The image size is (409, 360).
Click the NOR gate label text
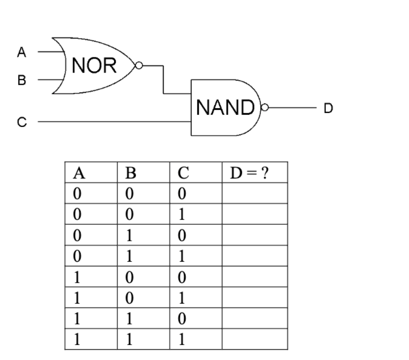pyautogui.click(x=94, y=66)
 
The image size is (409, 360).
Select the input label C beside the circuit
pyautogui.click(x=21, y=122)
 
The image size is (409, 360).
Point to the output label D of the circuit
pyautogui.click(x=328, y=108)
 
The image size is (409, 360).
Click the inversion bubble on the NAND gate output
pyautogui.click(x=264, y=108)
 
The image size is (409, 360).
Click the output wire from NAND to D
pyautogui.click(x=291, y=108)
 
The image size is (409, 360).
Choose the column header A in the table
pyautogui.click(x=78, y=172)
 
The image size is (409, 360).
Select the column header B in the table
pyautogui.click(x=130, y=172)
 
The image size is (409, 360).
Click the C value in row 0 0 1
pyautogui.click(x=181, y=214)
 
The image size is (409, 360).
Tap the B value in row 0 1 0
pyautogui.click(x=129, y=235)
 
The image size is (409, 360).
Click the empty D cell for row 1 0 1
pyautogui.click(x=255, y=298)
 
